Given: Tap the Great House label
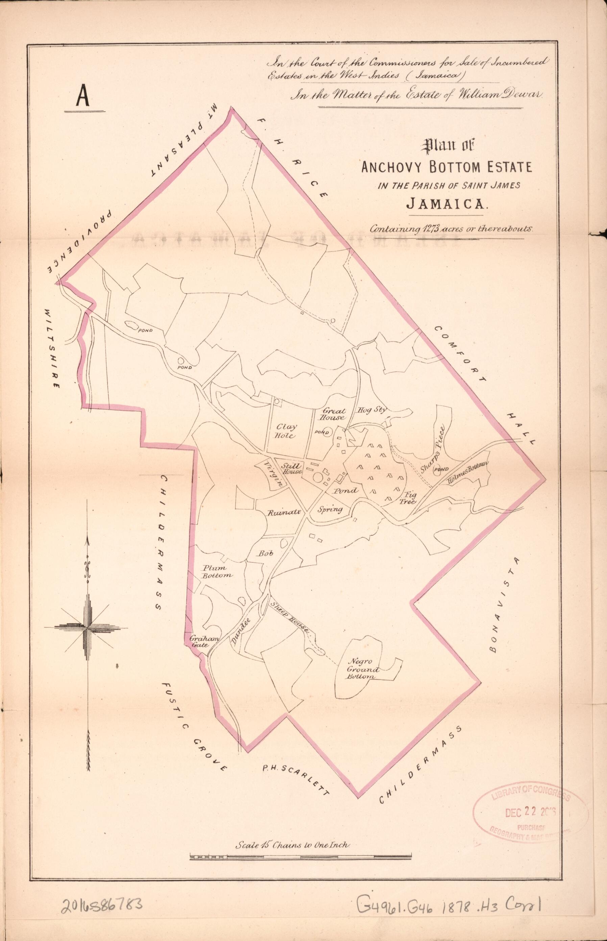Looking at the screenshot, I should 335,414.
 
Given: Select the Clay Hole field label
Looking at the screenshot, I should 287,431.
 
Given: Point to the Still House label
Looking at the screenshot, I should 292,469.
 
